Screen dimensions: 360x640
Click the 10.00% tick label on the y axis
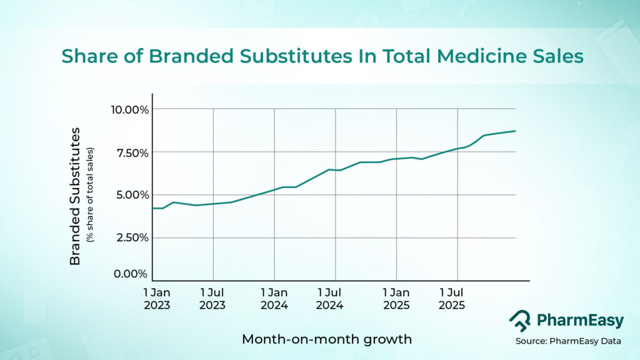tap(129, 110)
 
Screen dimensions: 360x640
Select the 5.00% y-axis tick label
tap(131, 194)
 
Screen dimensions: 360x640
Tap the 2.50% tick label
tap(131, 237)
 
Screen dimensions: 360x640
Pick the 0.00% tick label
tap(131, 274)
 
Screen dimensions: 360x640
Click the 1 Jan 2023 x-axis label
tap(156, 299)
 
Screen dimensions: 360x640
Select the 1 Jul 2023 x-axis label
tap(212, 299)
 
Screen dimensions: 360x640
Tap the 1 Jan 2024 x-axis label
tap(274, 299)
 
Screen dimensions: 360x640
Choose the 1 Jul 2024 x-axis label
tap(329, 299)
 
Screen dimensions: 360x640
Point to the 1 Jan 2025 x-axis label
tap(396, 299)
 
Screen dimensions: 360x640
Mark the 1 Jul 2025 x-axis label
tap(452, 299)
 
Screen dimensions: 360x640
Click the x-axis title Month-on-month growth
tap(326, 339)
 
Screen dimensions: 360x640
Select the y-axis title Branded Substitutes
tap(76, 196)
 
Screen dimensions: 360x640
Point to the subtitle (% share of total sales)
tap(91, 194)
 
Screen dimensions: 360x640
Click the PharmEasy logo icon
tap(519, 321)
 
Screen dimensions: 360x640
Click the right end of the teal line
tap(514, 131)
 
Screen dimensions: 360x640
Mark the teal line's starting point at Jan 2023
tap(153, 208)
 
